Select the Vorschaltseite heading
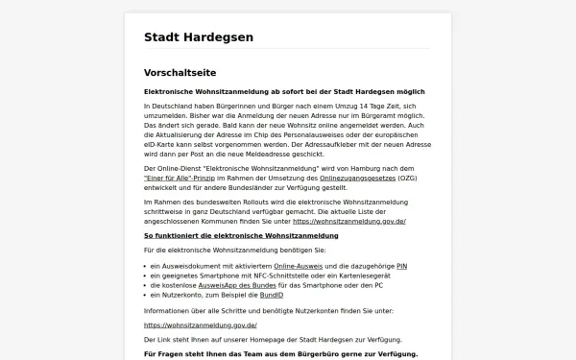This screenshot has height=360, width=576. (x=180, y=73)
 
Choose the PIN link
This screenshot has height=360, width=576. (x=401, y=265)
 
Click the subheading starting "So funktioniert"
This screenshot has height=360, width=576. (x=228, y=234)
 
